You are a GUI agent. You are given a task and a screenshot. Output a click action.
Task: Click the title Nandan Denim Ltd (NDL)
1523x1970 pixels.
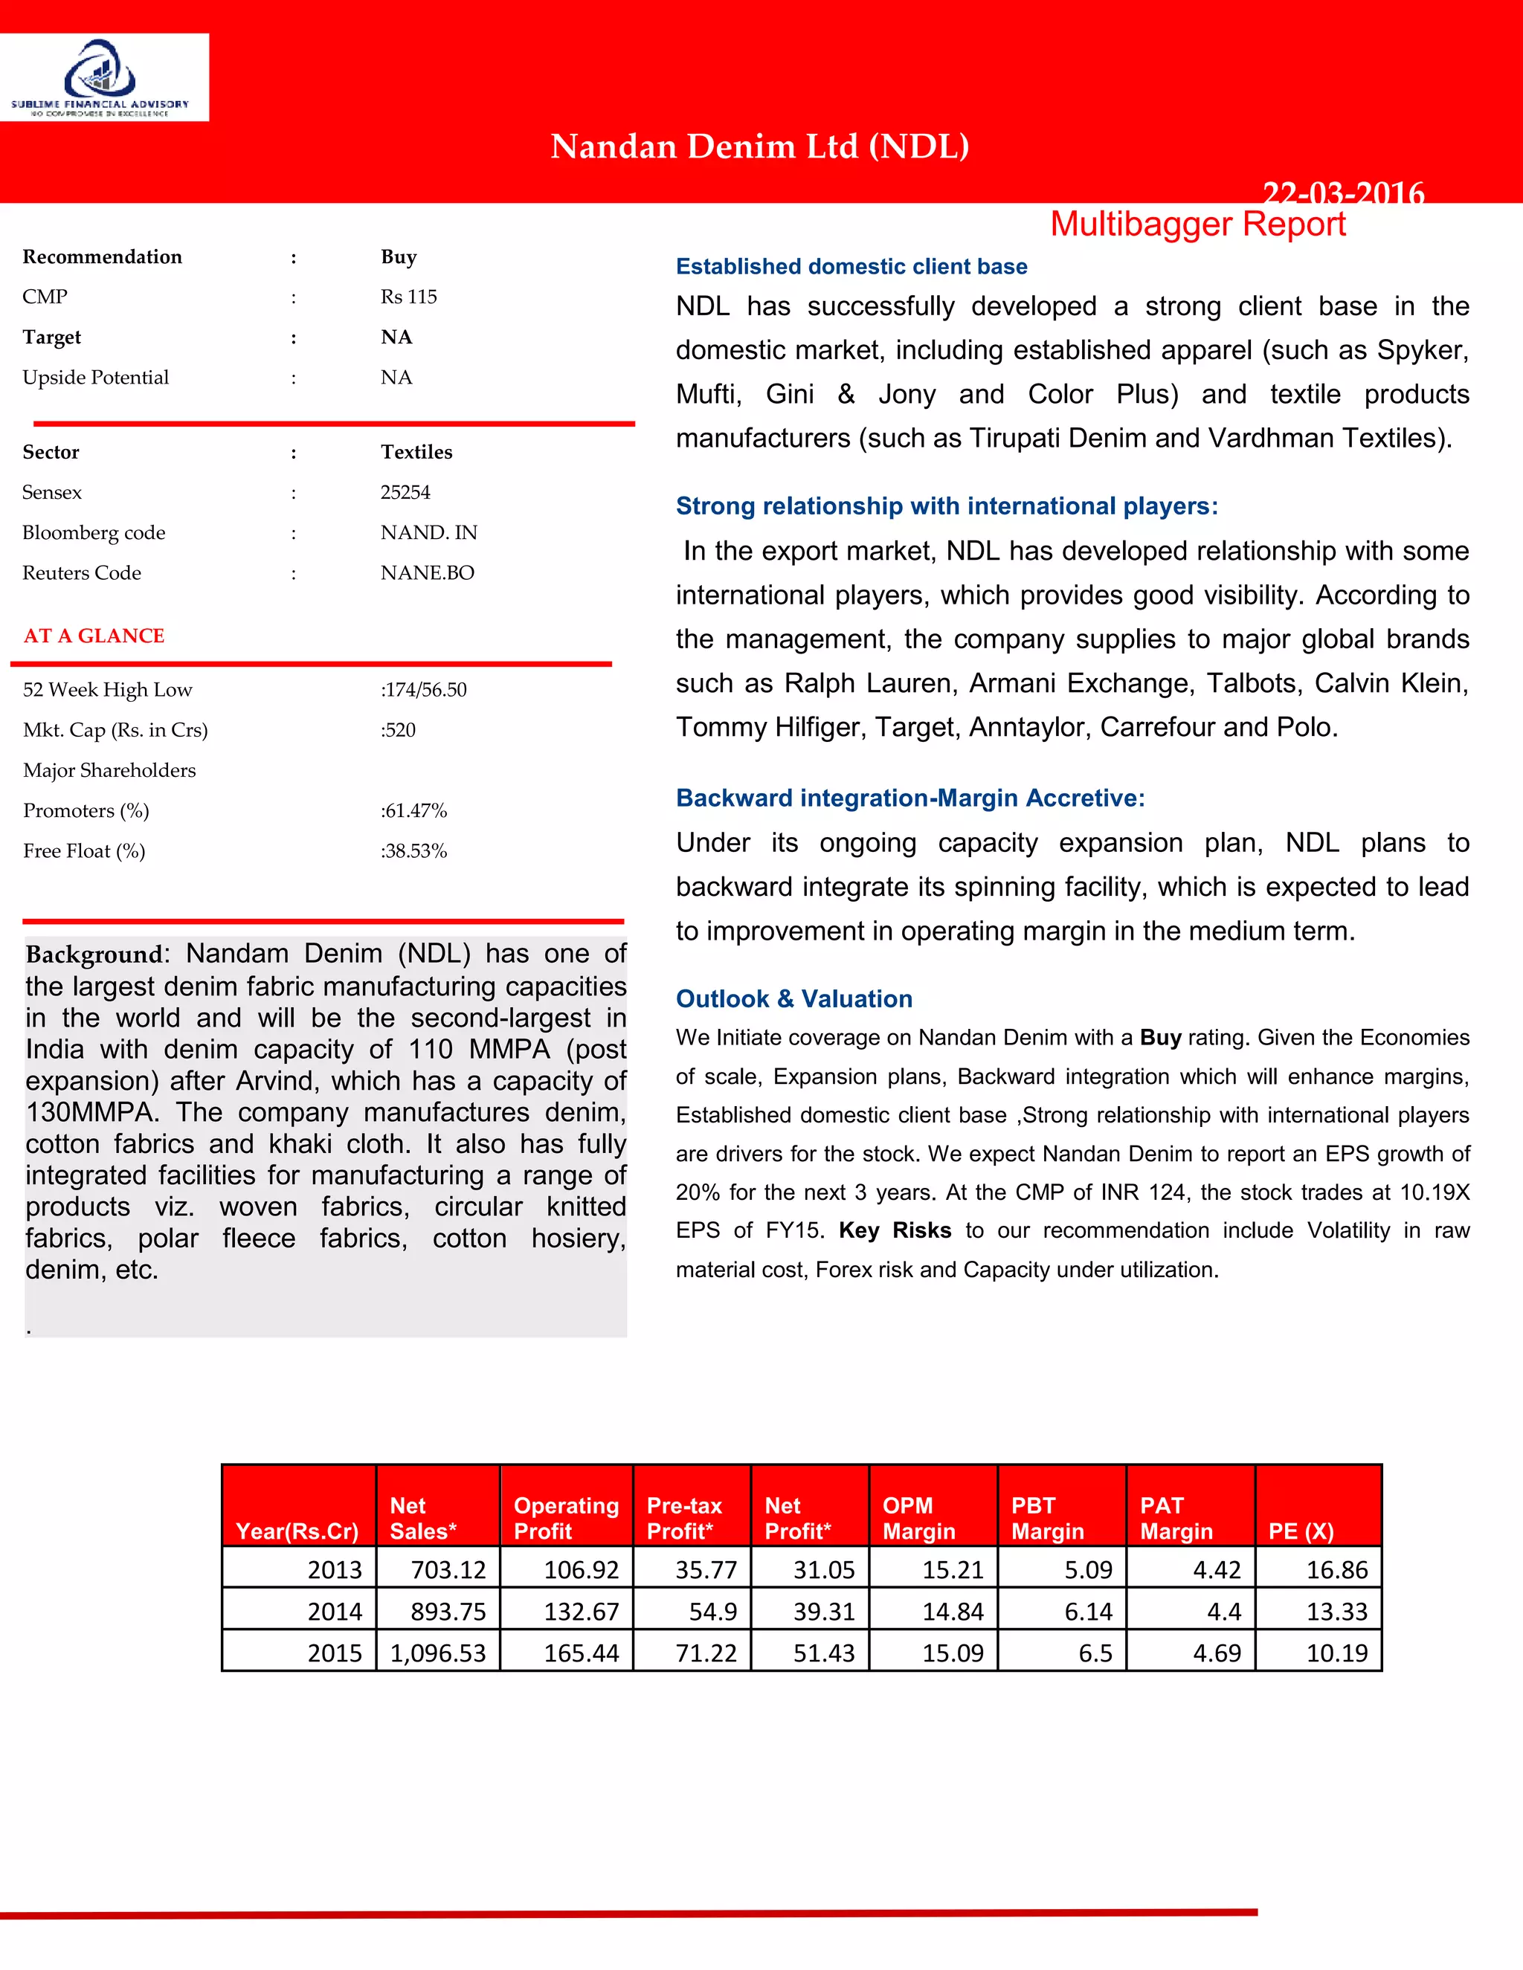760,146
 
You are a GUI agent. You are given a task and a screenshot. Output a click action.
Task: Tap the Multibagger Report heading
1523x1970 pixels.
1197,224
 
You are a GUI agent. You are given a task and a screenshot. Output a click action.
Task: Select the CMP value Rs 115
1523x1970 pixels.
409,297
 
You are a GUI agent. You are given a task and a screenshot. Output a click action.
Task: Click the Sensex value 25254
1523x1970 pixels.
405,492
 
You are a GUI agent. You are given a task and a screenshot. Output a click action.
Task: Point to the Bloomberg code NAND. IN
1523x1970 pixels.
428,533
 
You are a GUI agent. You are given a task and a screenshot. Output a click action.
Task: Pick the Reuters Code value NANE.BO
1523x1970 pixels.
427,572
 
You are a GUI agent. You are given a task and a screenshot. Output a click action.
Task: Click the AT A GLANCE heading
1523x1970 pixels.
94,636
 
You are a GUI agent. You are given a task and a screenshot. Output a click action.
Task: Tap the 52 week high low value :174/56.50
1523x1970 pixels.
423,690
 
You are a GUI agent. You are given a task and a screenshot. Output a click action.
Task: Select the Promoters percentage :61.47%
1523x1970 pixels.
413,811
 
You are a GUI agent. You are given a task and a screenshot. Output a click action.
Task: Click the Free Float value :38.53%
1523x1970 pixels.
413,851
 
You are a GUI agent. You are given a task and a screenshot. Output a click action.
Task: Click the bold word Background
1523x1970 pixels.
93,955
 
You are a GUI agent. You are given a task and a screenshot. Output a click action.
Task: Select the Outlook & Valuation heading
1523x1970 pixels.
794,998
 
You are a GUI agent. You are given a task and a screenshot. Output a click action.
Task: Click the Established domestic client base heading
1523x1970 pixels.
851,266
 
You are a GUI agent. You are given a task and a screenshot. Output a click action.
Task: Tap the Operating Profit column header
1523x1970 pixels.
566,1518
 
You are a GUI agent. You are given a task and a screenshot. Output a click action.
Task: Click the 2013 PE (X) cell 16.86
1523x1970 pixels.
1336,1569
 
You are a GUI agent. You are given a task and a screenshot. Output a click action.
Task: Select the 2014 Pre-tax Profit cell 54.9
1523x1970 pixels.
712,1611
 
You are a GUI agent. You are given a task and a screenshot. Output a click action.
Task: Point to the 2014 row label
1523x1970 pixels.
334,1611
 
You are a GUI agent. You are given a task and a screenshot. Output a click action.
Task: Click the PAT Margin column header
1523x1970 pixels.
1176,1518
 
